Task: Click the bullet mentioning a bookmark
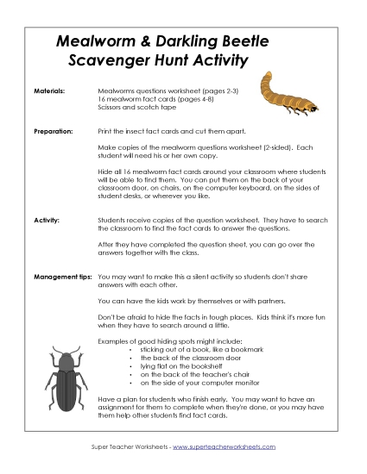coord(198,348)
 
